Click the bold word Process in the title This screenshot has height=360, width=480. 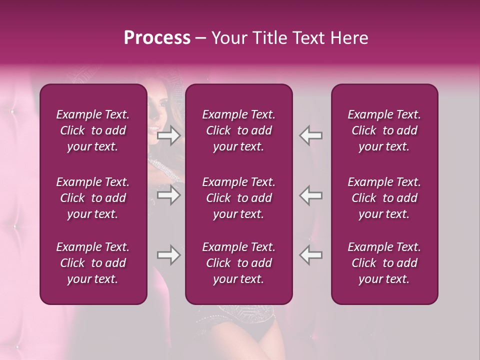(157, 38)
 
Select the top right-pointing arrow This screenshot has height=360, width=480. (169, 135)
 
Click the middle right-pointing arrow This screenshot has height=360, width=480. (169, 195)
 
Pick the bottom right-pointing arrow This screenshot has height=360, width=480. (169, 255)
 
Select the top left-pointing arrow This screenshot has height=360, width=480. (310, 135)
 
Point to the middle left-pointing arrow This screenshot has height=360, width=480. (310, 195)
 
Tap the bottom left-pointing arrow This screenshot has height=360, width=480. (310, 255)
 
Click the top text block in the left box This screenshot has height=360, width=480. (93, 130)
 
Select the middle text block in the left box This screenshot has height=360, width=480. (93, 198)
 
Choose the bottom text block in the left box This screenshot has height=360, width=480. (93, 263)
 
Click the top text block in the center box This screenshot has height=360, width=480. (239, 130)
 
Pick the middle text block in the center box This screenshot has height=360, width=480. (239, 198)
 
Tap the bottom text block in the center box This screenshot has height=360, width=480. (239, 263)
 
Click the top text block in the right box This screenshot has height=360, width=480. (384, 130)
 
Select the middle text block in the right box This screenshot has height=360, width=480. (384, 198)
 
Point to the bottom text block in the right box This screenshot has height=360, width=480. (384, 263)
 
